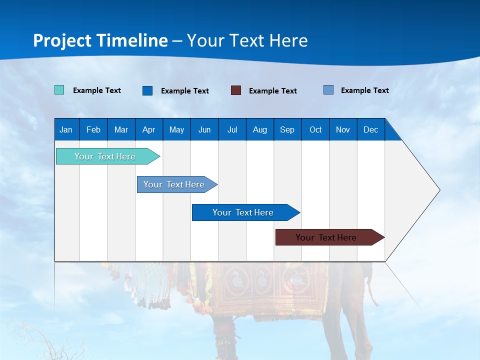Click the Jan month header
coord(66,129)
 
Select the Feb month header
coord(93,129)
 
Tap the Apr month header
coord(148,129)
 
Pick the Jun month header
coord(204,129)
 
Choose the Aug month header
coord(259,129)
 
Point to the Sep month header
coord(287,129)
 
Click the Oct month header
coord(315,129)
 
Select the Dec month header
coord(370,129)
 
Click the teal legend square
coord(59,90)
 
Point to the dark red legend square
coord(236,90)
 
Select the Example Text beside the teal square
coord(97,90)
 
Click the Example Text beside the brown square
coord(273,91)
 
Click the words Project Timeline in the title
coord(100,40)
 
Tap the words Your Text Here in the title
coord(247,40)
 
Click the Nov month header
coord(343,129)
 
